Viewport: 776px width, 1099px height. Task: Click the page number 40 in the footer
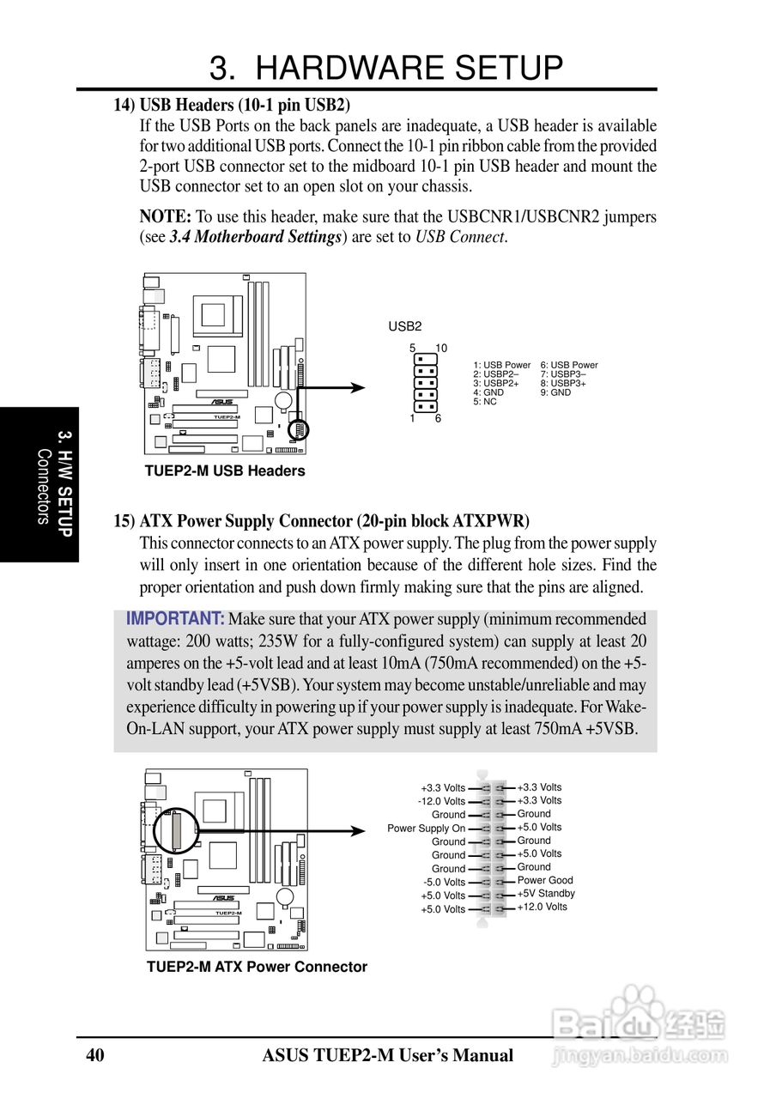point(95,1055)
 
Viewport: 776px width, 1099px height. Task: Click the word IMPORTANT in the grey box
point(175,619)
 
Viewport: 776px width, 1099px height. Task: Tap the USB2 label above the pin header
point(405,326)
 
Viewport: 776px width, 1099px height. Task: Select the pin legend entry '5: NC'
point(485,402)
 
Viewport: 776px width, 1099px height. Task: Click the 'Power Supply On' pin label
point(426,829)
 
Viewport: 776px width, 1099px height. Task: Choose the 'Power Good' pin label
point(544,880)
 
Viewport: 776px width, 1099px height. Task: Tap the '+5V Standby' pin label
point(546,893)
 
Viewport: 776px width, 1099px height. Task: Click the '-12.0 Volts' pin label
point(441,801)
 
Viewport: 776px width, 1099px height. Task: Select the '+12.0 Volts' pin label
point(542,907)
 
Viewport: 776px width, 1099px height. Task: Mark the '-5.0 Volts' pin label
point(444,882)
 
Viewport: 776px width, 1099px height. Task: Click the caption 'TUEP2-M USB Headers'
point(224,471)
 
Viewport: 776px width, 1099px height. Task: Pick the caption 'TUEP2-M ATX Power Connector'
point(257,967)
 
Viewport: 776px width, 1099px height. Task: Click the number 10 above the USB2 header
point(441,348)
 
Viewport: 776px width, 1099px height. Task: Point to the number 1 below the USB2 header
point(413,419)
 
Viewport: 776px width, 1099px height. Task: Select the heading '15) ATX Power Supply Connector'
point(322,521)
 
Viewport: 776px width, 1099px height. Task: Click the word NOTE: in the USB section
point(165,216)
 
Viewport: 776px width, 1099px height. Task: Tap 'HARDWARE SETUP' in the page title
point(409,68)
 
